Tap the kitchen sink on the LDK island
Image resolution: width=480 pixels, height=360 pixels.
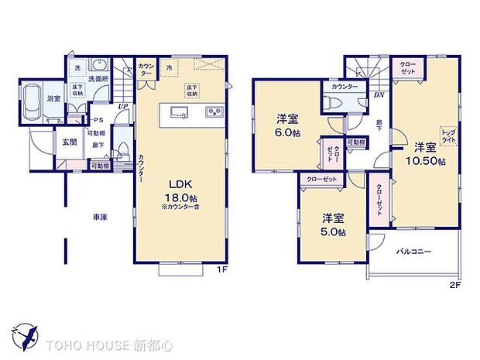177,113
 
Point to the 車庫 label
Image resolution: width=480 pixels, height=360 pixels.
99,218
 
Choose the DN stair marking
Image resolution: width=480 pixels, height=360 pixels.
379,95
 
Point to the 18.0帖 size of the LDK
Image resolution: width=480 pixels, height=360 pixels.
183,198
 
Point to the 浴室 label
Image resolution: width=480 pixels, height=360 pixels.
54,98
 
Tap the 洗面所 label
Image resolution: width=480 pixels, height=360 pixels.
97,78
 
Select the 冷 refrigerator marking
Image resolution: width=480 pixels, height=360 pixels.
169,67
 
